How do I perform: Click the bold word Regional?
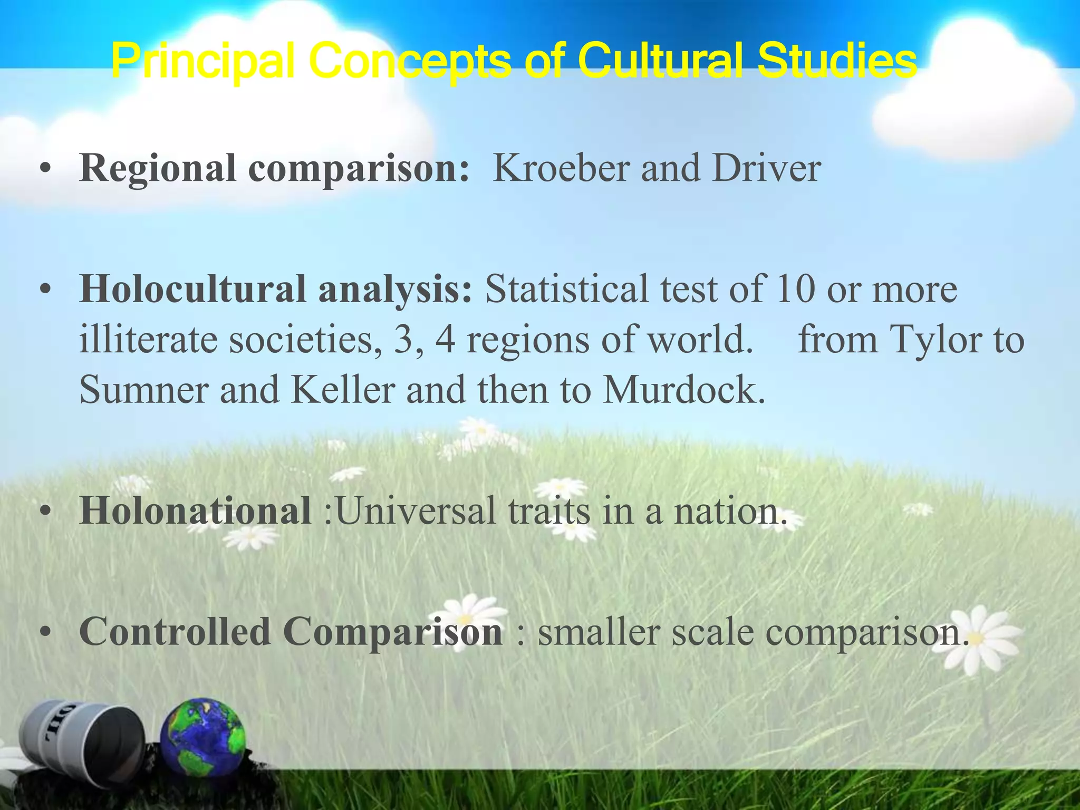tap(157, 169)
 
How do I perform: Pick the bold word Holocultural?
tap(192, 290)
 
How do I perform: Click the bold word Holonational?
tap(195, 510)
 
